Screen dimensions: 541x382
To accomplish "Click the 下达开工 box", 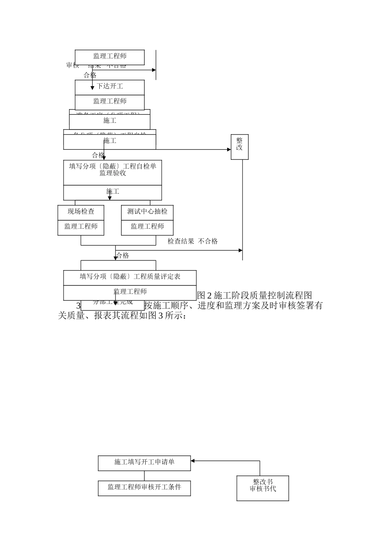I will pyautogui.click(x=110, y=87).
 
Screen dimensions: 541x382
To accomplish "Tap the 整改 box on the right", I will pyautogui.click(x=240, y=147).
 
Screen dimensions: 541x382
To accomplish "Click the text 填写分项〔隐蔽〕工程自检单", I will pyautogui.click(x=113, y=166).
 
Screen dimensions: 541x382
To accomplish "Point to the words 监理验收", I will pyautogui.click(x=113, y=173).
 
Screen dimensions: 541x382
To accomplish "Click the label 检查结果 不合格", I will pyautogui.click(x=193, y=241).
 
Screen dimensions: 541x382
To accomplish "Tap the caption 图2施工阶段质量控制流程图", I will pyautogui.click(x=255, y=295).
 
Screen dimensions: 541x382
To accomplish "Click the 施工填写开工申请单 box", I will pyautogui.click(x=144, y=462).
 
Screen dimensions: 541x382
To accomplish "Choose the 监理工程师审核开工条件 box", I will pyautogui.click(x=144, y=487).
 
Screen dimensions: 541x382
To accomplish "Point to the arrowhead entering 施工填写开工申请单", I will pyautogui.click(x=193, y=460).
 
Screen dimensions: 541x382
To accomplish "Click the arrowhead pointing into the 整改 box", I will pyautogui.click(x=229, y=150).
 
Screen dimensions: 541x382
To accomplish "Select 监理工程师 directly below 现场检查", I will pyautogui.click(x=81, y=227).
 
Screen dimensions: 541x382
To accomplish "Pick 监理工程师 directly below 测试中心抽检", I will pyautogui.click(x=147, y=227).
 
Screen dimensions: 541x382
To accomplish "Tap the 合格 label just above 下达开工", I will pyautogui.click(x=90, y=75).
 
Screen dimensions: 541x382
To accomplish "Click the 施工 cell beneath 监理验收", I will pyautogui.click(x=113, y=192).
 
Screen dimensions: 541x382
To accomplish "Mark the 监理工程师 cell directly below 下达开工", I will pyautogui.click(x=110, y=101).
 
